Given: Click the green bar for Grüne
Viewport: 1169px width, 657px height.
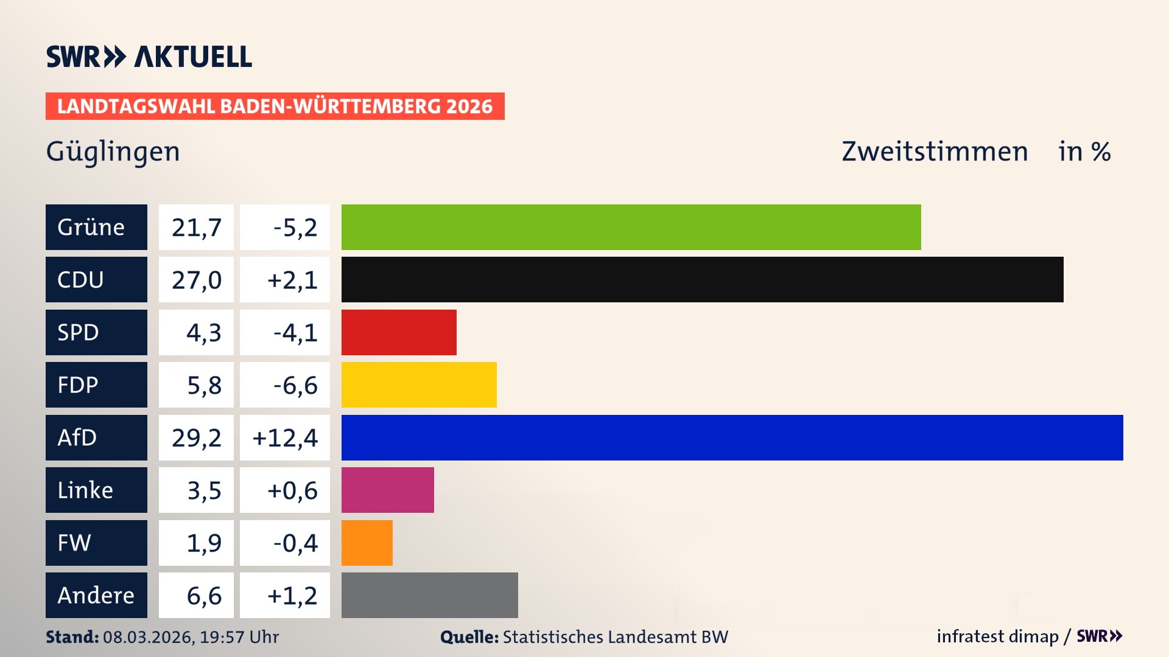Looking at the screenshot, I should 631,227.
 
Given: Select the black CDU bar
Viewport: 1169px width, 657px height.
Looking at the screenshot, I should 702,280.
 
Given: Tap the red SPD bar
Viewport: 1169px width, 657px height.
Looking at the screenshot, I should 399,332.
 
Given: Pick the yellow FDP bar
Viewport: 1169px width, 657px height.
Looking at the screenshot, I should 419,385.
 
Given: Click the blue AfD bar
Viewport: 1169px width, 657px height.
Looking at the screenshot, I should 732,437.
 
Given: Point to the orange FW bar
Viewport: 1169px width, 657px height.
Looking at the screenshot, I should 367,543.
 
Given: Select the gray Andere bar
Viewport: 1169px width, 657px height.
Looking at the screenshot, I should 429,595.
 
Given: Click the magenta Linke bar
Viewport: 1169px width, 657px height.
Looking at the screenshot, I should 387,490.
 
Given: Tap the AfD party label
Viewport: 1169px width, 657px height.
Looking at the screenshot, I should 96,437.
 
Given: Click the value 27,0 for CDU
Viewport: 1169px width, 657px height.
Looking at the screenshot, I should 196,280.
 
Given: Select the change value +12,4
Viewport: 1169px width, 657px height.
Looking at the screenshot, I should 285,437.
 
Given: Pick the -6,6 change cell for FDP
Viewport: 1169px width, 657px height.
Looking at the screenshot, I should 285,385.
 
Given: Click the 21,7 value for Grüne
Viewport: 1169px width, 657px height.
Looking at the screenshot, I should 196,227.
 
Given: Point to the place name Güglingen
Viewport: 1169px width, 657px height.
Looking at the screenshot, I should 113,151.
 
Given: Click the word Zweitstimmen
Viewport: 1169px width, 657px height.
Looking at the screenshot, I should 935,151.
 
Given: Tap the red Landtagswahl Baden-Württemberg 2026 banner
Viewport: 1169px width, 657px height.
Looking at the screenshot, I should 275,106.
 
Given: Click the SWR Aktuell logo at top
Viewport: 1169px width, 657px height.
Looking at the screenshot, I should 149,57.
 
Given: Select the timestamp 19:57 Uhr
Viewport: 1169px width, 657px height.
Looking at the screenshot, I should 239,637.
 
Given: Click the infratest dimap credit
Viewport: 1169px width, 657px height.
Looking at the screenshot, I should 997,636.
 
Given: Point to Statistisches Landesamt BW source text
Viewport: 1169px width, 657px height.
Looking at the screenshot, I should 615,637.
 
